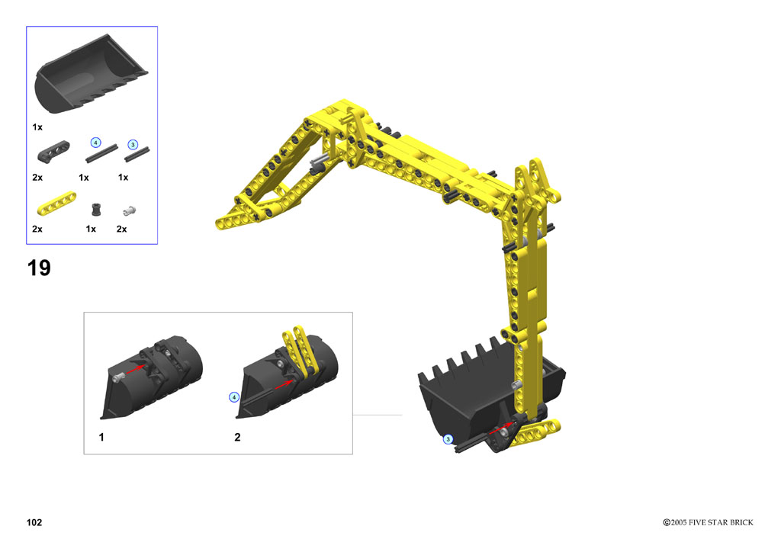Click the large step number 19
39,268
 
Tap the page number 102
34,522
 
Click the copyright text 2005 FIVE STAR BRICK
712,522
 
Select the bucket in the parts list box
91,75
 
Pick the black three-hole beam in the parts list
53,151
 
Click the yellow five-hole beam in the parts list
56,204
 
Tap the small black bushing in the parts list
97,210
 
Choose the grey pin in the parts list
130,211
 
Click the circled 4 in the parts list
95,143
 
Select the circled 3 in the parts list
133,145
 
